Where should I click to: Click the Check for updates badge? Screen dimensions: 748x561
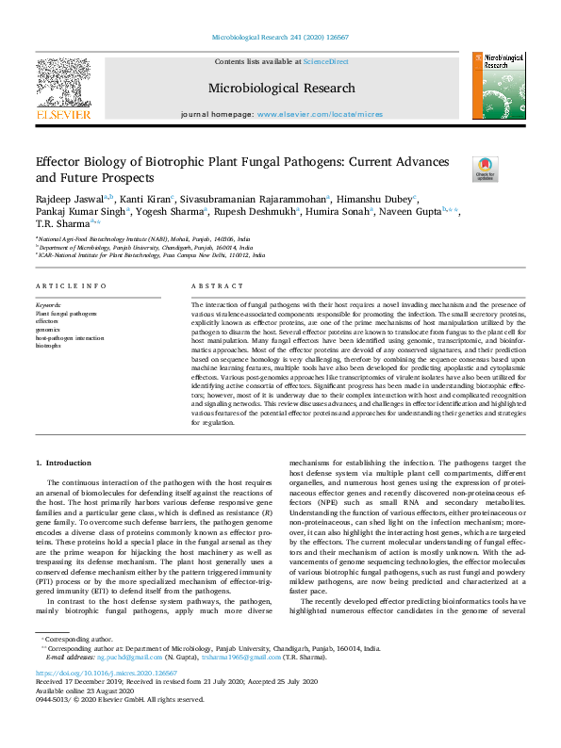[x=485, y=169]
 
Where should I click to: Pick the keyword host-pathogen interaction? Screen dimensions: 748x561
[x=70, y=337]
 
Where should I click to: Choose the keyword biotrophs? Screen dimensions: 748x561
[x=48, y=346]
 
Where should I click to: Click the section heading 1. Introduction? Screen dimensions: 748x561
[x=64, y=463]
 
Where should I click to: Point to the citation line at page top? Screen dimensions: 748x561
[x=281, y=39]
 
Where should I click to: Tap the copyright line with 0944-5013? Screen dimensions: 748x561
[x=119, y=699]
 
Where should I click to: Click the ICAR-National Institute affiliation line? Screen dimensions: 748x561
[x=143, y=254]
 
